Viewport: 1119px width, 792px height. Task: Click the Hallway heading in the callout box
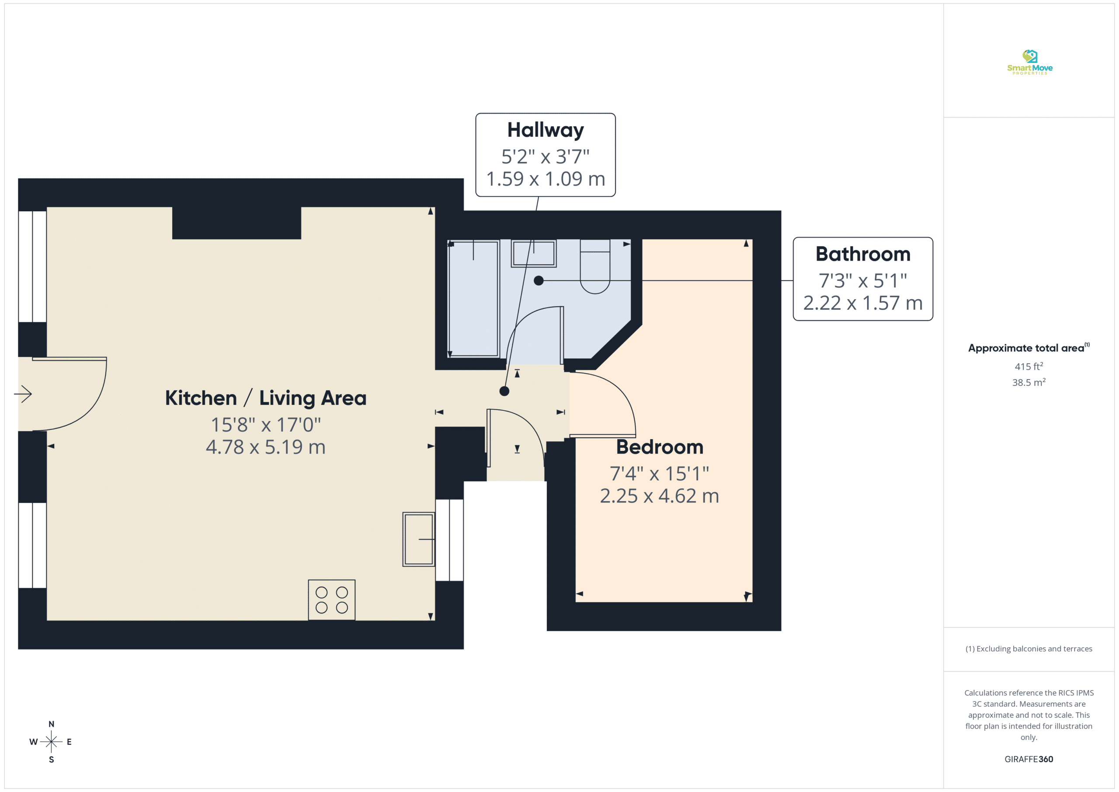tap(546, 130)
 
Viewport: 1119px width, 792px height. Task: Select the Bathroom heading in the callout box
tap(863, 254)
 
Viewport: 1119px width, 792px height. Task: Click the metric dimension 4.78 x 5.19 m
tap(266, 447)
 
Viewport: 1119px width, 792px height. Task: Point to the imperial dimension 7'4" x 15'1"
tap(660, 473)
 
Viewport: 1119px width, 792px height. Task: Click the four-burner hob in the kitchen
tap(331, 600)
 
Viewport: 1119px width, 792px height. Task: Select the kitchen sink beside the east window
tap(419, 539)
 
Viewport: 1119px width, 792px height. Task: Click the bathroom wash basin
tap(534, 253)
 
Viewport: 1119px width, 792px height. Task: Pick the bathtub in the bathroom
tap(473, 298)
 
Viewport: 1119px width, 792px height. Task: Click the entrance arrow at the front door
tap(23, 394)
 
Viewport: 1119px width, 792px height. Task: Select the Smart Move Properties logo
tap(1029, 63)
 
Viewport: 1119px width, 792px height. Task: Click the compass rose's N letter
tap(51, 724)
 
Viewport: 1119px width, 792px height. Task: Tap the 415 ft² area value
tap(1029, 366)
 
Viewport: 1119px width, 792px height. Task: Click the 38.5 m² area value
tap(1029, 382)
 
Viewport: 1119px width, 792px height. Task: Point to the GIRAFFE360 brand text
tap(1029, 759)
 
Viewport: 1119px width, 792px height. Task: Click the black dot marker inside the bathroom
tap(539, 280)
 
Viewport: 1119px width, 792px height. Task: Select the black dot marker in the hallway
tap(504, 391)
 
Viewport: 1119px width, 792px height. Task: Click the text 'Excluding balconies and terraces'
tap(1034, 649)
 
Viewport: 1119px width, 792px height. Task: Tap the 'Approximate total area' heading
tap(1026, 348)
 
